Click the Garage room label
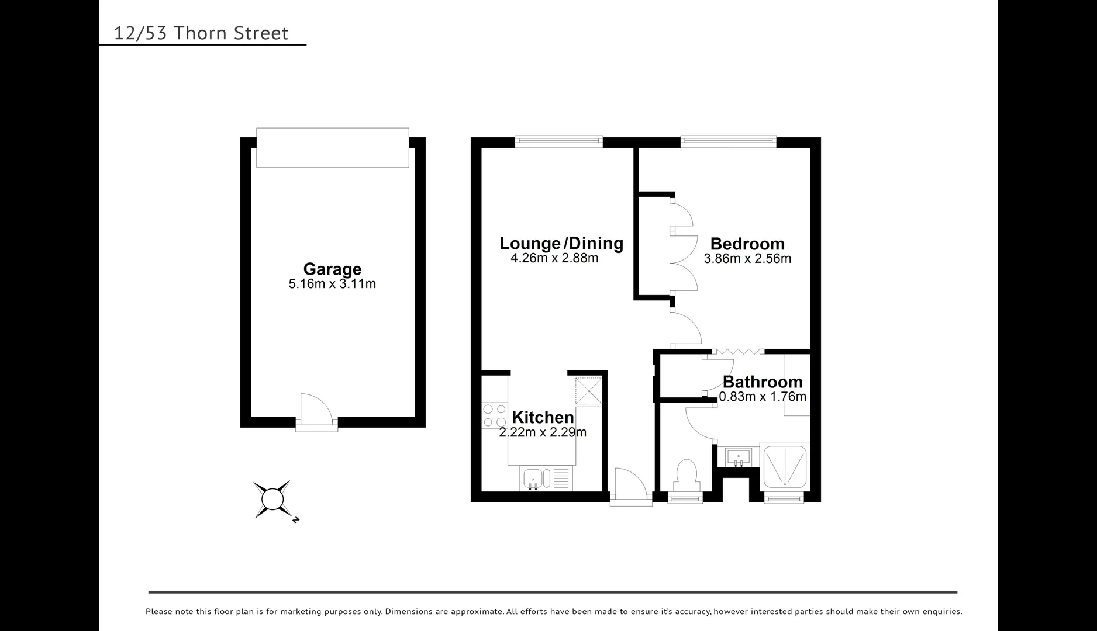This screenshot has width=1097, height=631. coord(332,269)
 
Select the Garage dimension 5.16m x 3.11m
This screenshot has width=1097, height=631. coord(332,285)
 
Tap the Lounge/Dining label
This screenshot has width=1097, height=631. coord(561,243)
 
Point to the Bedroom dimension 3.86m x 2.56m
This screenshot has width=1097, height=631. coord(747,259)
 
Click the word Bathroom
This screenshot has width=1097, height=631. coord(763,382)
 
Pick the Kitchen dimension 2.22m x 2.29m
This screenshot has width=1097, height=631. coord(543,432)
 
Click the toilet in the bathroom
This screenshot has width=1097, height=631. coord(686,475)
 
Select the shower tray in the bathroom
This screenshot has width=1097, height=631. coord(785,466)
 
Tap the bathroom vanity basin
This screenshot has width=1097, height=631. coord(739,456)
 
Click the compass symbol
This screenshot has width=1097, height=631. coord(272,500)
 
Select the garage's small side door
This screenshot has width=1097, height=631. coord(316,411)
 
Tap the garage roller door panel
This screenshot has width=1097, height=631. coord(332,148)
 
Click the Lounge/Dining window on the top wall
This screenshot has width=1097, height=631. coord(558,141)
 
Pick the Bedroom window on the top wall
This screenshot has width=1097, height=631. coord(728,141)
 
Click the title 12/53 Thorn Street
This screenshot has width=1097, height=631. coord(201,33)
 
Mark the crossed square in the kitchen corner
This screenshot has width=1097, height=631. coord(588,391)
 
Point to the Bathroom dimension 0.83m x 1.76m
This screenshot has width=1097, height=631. coord(763,397)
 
